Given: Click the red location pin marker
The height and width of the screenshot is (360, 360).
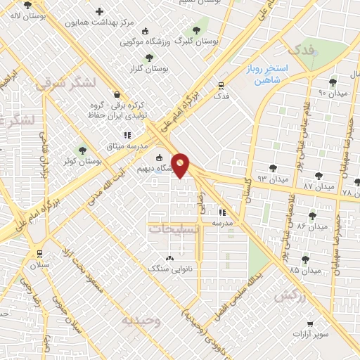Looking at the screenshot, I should coord(181,165).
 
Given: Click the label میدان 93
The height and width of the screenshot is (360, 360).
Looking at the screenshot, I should coord(274,179).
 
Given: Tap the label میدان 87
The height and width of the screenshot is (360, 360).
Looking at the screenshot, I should coord(319,186).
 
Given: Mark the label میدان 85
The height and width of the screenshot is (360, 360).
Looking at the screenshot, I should coord(304,269).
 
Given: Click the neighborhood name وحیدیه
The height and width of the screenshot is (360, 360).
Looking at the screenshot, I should coord(142,320).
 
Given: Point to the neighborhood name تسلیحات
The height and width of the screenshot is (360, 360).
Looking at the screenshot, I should coord(174,229).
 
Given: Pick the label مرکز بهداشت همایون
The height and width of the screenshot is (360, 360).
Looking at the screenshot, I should coord(99,22).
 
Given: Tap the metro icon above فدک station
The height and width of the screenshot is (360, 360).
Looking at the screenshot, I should coord(221,85).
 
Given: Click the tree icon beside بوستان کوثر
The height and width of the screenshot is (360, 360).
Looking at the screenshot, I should coord(82,150).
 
